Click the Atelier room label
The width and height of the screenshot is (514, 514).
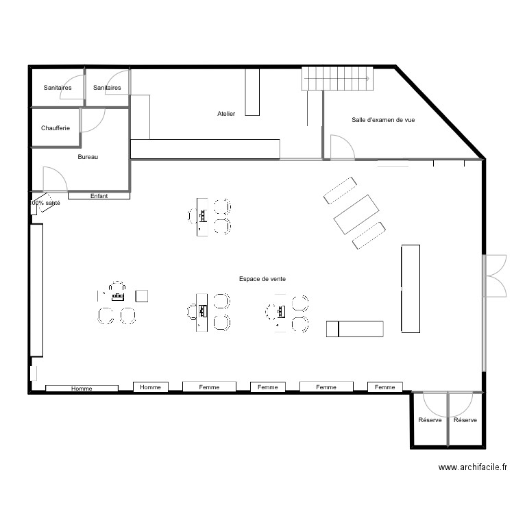coord(226,114)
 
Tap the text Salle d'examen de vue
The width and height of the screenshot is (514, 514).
coord(382,120)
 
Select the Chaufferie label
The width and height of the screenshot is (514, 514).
coord(55,128)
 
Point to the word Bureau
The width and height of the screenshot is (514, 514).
coord(88,157)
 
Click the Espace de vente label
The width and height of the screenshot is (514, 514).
coord(262,279)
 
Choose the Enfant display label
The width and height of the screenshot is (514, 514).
coord(99,196)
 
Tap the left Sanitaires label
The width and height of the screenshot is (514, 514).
coord(58,88)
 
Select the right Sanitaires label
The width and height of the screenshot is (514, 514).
coord(107,88)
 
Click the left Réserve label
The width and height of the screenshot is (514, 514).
coord(430,420)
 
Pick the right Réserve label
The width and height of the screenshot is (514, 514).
coord(465,420)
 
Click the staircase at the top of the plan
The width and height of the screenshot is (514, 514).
coord(336,79)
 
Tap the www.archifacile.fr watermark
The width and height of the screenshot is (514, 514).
coord(473,467)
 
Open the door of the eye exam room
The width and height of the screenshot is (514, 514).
coord(341,147)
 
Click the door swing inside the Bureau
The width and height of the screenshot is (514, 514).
coord(55,180)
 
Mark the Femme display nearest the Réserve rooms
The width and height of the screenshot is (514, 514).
coord(385,387)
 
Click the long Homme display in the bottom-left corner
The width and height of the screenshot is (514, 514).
coord(82,389)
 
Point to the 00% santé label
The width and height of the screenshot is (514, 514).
coord(46,204)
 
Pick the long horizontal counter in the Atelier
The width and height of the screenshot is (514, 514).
coord(205,149)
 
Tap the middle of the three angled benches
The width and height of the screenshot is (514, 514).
coord(355,215)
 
